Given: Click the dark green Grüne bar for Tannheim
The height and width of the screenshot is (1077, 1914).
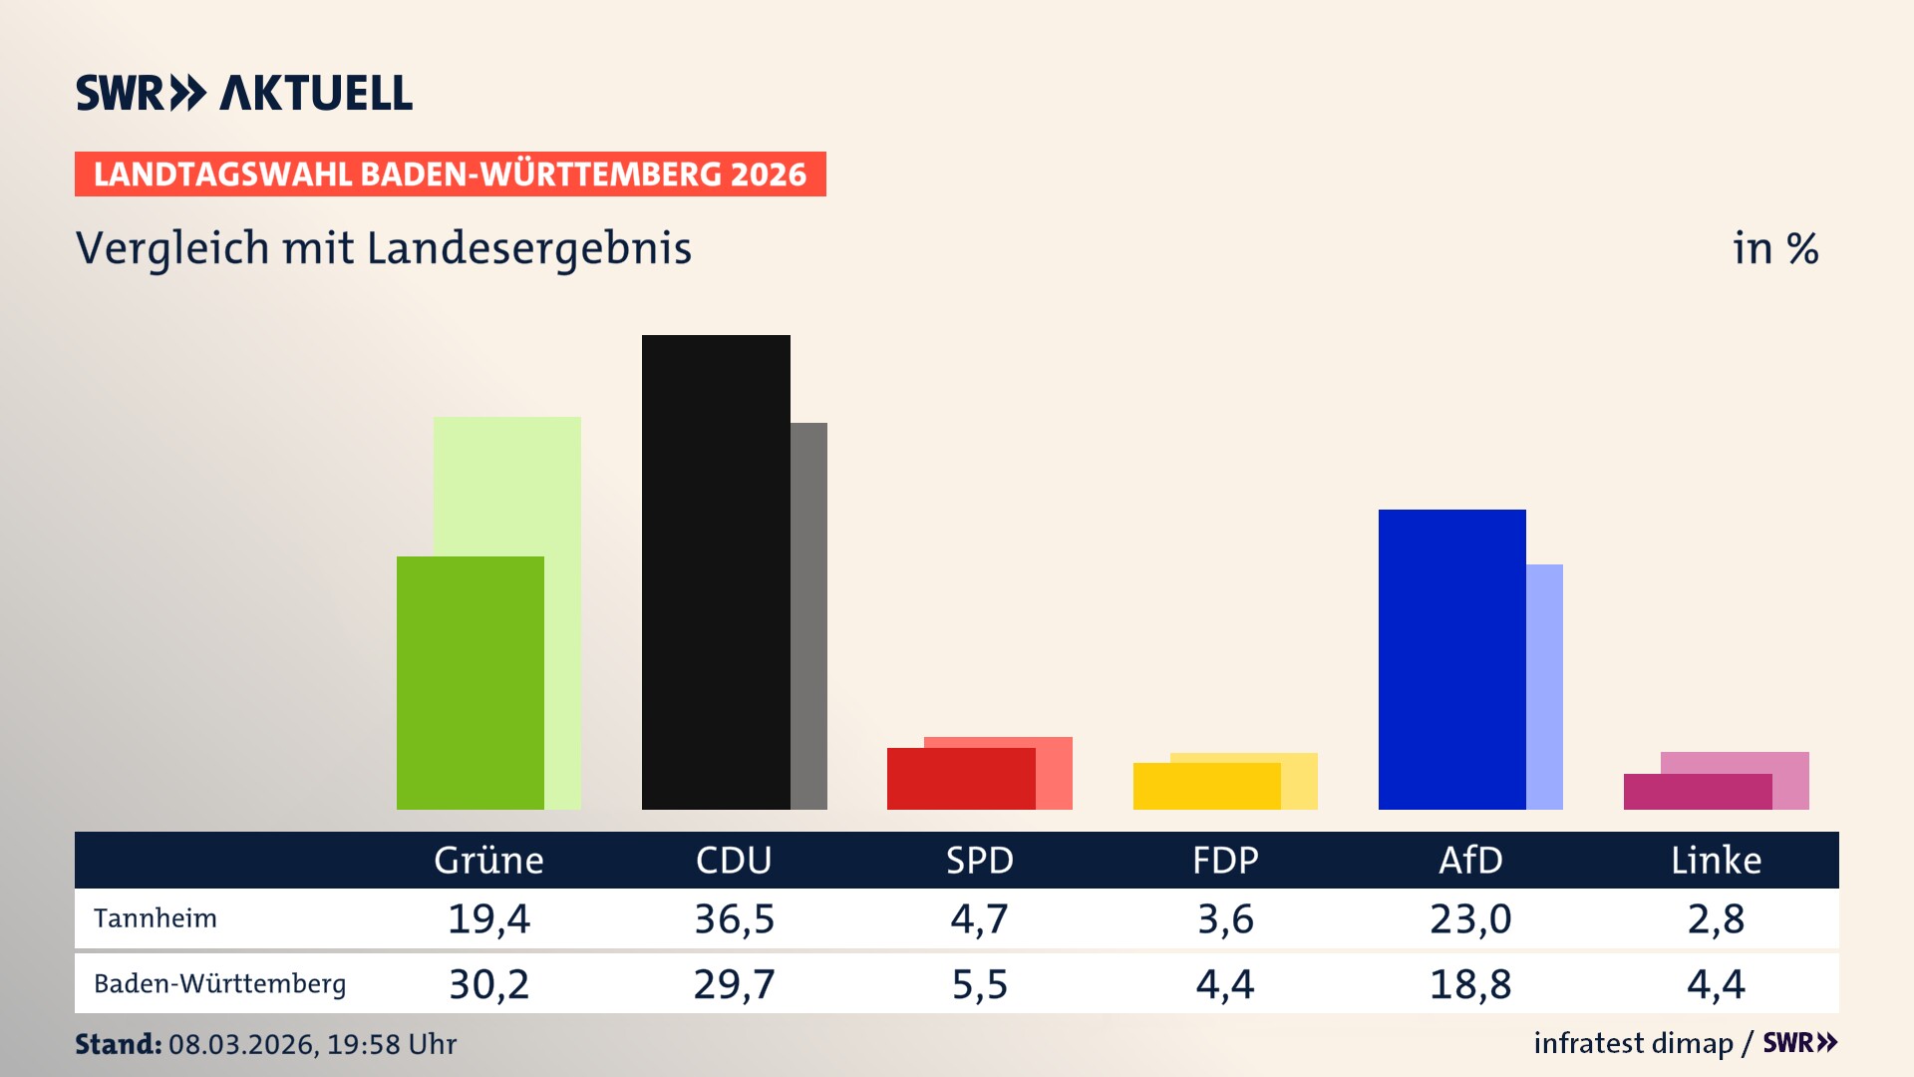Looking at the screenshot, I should tap(471, 683).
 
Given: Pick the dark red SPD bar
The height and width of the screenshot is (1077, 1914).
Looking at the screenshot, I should tap(961, 779).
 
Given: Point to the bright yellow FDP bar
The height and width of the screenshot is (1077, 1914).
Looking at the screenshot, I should tap(1206, 786).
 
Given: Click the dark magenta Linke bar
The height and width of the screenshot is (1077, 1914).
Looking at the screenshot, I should tap(1697, 792).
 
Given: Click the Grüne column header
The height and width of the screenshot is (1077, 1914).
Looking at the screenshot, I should tap(488, 861).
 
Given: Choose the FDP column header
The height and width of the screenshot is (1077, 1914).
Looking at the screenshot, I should tap(1225, 861).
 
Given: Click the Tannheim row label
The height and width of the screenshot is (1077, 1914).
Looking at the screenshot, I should tap(156, 918).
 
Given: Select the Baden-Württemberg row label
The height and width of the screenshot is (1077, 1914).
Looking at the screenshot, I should tap(219, 984).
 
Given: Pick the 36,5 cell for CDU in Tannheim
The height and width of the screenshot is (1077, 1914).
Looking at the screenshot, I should tap(734, 918).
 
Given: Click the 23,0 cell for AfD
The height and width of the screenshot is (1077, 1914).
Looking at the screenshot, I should tap(1470, 918).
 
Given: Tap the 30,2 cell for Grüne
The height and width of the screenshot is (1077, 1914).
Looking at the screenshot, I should tap(488, 984).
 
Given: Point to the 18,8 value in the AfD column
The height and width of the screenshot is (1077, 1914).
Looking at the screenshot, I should tap(1470, 984).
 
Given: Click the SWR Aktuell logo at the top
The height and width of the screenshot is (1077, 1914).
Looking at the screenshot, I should tap(244, 93).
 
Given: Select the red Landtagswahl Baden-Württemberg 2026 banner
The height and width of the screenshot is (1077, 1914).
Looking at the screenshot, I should tap(450, 175).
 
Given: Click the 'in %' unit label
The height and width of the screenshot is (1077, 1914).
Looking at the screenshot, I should tap(1774, 249).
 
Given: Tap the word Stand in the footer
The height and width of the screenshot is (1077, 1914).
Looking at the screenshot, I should tap(118, 1044).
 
